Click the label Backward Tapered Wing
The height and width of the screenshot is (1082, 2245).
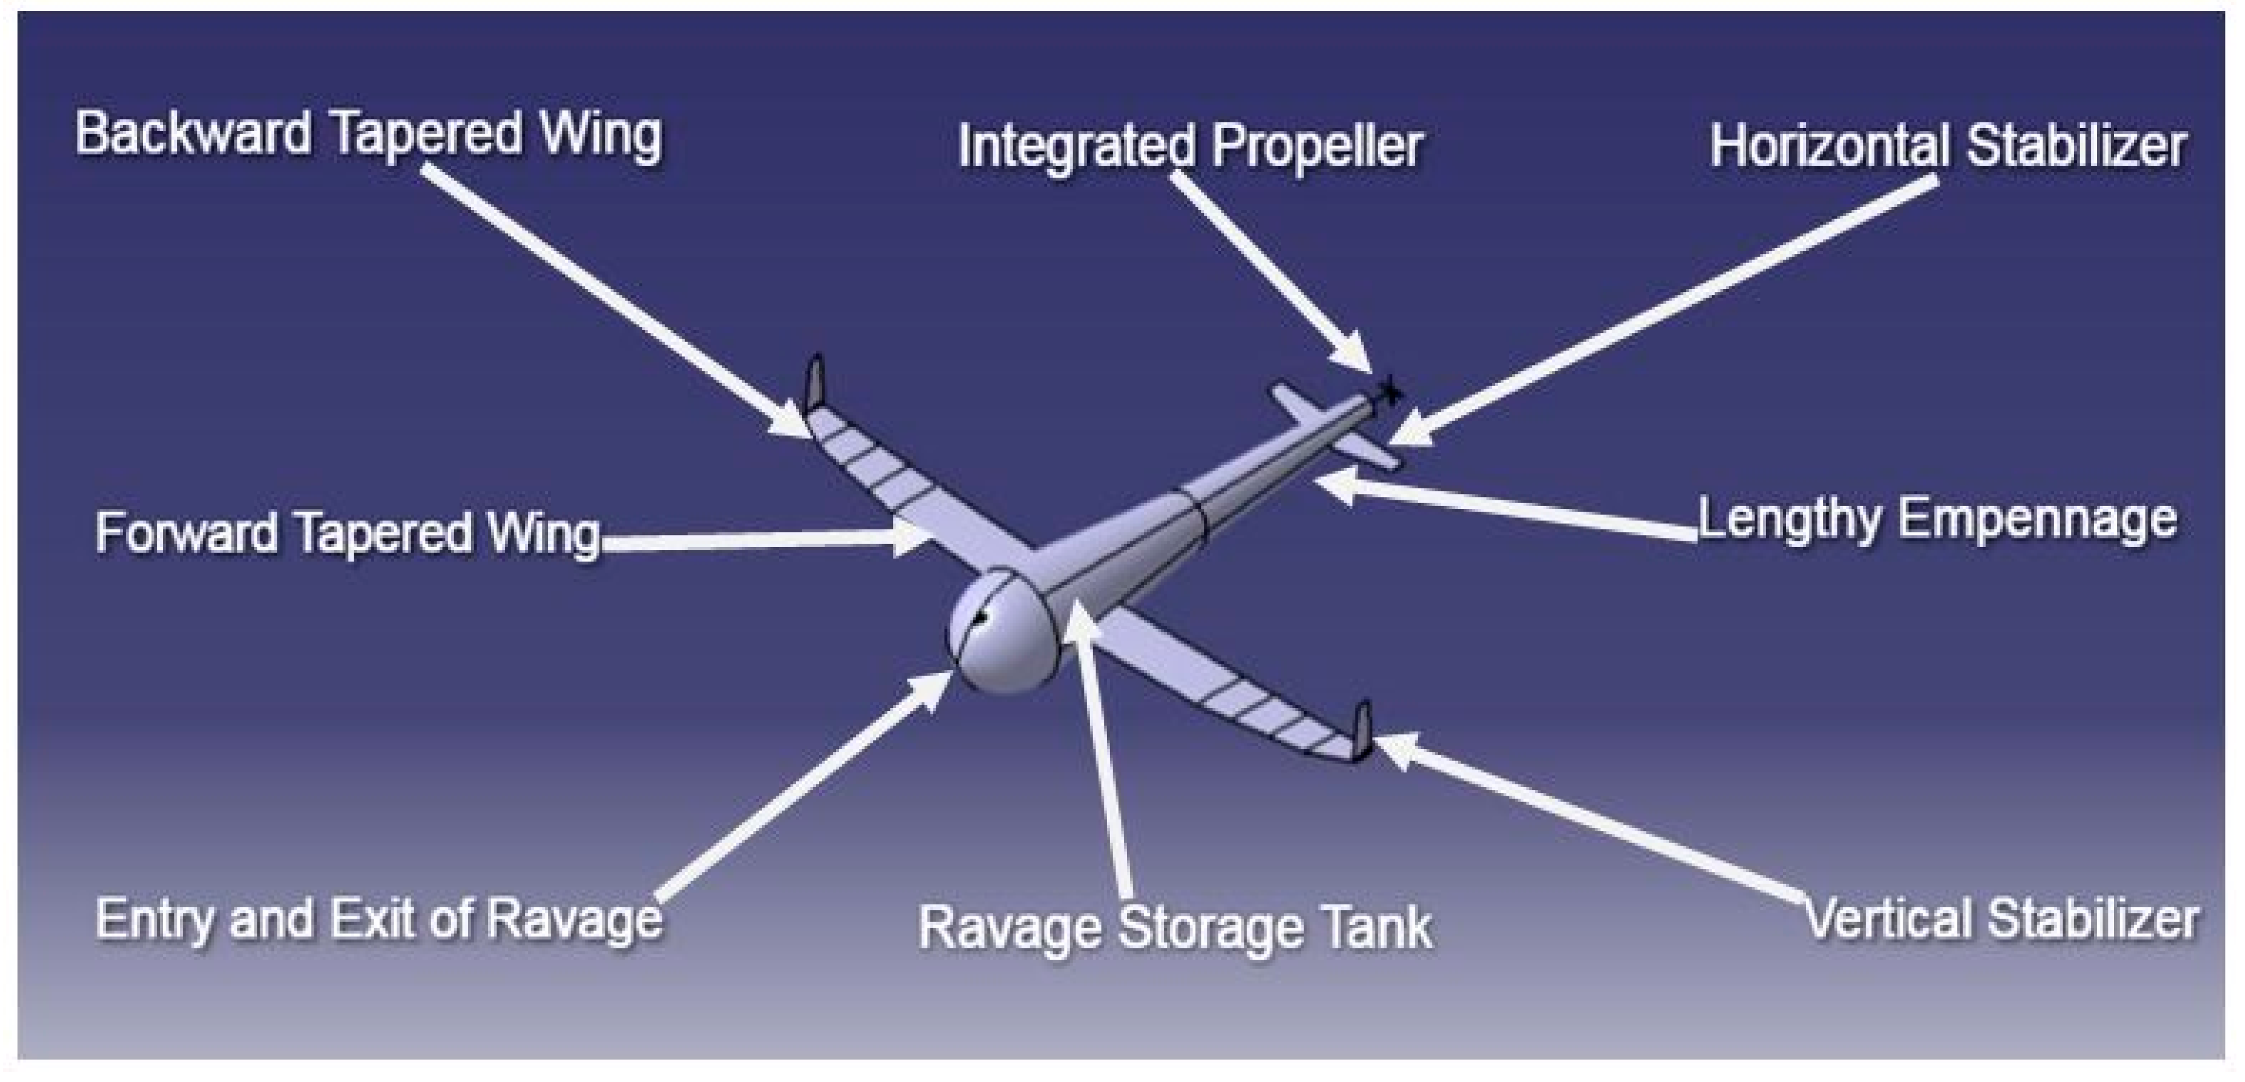pyautogui.click(x=368, y=135)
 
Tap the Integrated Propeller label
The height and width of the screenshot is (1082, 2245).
pyautogui.click(x=1190, y=146)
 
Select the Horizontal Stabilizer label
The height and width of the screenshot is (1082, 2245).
pyautogui.click(x=1947, y=146)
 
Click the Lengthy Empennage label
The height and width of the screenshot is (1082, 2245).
pyautogui.click(x=1936, y=520)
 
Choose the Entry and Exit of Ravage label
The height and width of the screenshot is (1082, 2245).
pyautogui.click(x=378, y=919)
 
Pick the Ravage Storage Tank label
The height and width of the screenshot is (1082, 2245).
pyautogui.click(x=1175, y=927)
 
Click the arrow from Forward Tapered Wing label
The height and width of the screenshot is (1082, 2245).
pyautogui.click(x=758, y=540)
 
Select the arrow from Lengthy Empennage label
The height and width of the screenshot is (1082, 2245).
pyautogui.click(x=1507, y=505)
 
